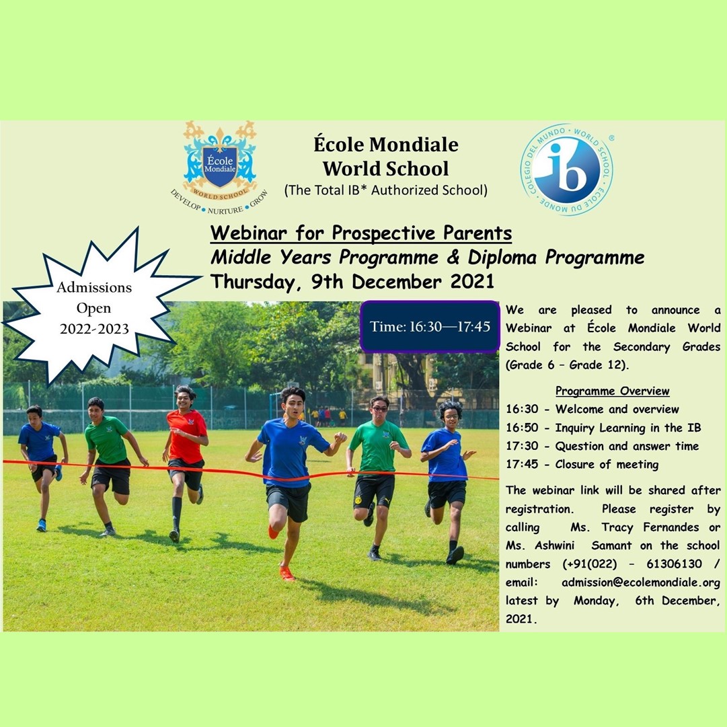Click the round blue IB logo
(566, 169)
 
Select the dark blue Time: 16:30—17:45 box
(430, 326)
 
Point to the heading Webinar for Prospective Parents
(361, 233)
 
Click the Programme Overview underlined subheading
(613, 391)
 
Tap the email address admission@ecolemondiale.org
(641, 582)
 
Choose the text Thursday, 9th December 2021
(352, 282)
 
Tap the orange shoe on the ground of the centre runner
(286, 573)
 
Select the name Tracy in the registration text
(617, 527)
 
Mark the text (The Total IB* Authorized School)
(386, 190)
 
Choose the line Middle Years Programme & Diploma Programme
(427, 258)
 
